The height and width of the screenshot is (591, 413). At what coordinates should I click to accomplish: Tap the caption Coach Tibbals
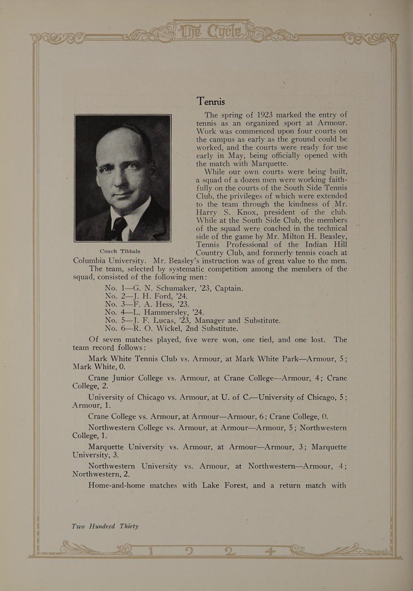click(x=120, y=251)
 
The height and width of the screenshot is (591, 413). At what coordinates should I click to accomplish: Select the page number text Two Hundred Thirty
click(x=105, y=526)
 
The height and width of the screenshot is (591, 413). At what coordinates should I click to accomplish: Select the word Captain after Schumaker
click(x=229, y=288)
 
